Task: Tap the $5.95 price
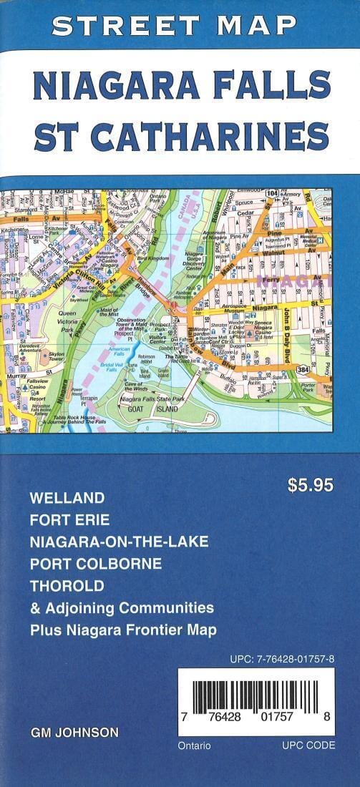(310, 485)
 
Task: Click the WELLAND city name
(67, 497)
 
